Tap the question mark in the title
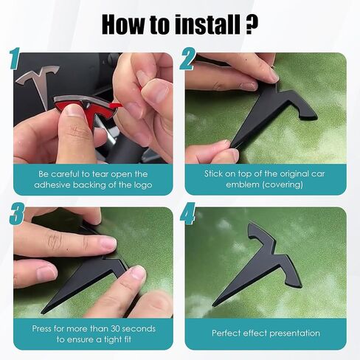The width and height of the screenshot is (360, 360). [x=252, y=24]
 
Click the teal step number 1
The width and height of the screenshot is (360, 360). [x=15, y=58]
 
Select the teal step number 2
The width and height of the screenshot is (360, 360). [x=187, y=59]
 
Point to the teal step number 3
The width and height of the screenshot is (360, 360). [x=17, y=213]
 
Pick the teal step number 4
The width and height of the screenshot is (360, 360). [x=187, y=213]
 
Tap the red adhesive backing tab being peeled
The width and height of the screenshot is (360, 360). [x=117, y=105]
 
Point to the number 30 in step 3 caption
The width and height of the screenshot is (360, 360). [x=114, y=328]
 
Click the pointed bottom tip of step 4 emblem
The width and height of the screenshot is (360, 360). [x=213, y=305]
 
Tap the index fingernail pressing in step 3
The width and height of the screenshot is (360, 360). [x=108, y=242]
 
